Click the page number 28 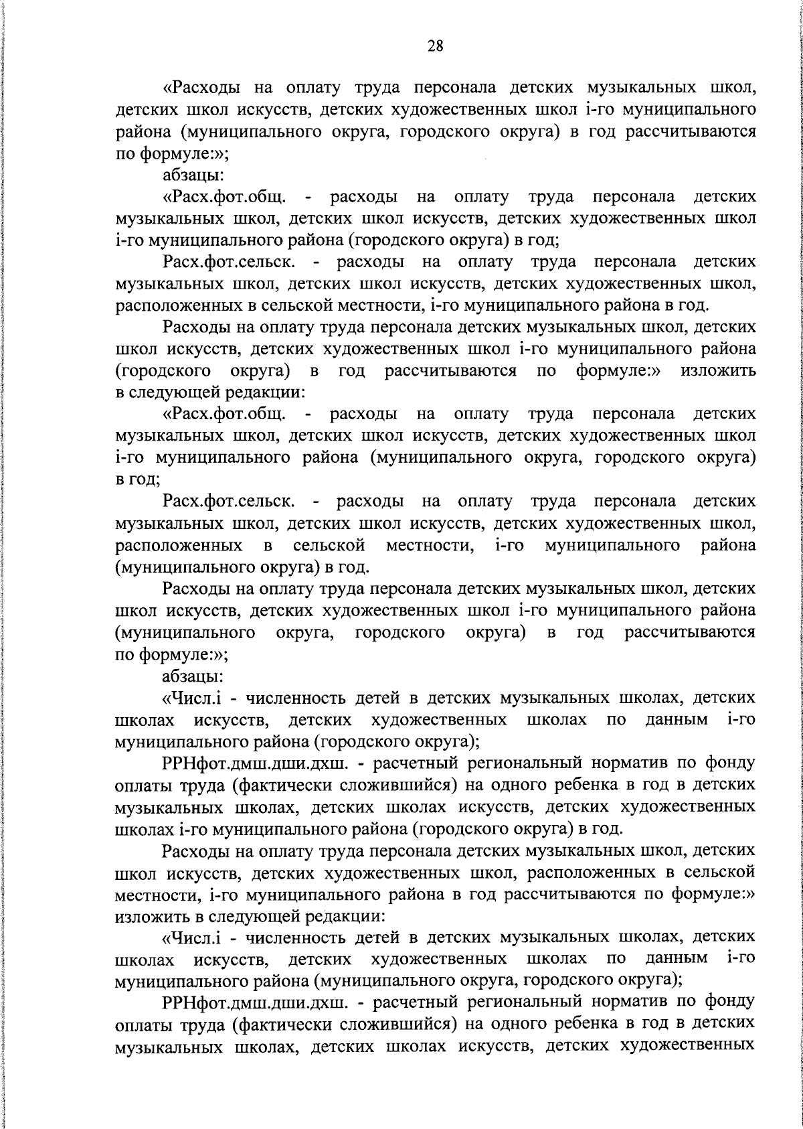coord(434,46)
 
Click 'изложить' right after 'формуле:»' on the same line coord(718,370)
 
